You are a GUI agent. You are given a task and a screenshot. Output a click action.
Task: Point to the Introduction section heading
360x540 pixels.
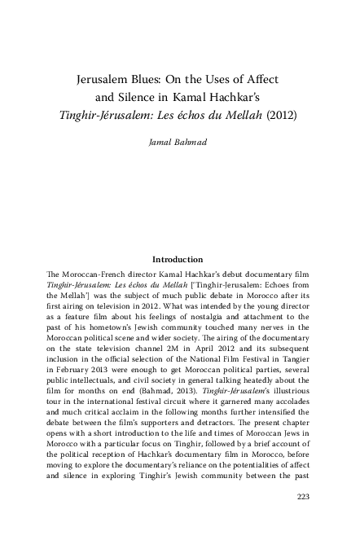191,259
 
